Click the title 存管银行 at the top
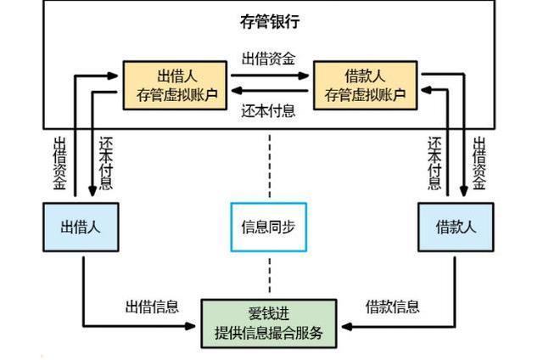click(x=270, y=20)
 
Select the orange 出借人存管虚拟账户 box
click(x=176, y=84)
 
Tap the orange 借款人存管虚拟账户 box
click(x=365, y=84)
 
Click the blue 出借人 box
click(x=81, y=227)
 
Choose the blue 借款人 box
click(x=456, y=227)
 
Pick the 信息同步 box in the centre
click(x=269, y=227)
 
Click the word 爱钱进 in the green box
click(x=269, y=313)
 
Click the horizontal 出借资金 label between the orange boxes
click(x=269, y=59)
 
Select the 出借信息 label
click(x=153, y=307)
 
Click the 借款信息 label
click(x=392, y=307)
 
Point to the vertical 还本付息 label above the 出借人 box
click(x=105, y=161)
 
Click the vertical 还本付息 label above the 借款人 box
click(x=434, y=161)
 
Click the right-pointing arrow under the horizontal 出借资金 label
click(x=271, y=75)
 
